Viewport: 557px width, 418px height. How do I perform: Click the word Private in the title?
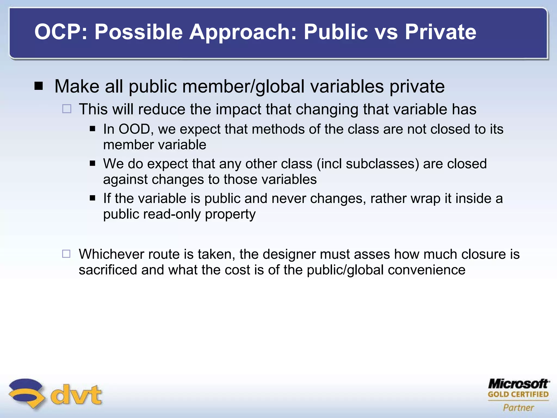click(x=441, y=32)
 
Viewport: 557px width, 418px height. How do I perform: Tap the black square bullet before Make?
click(x=39, y=86)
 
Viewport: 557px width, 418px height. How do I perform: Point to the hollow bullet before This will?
click(x=67, y=109)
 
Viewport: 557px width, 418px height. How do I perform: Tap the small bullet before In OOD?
click(x=92, y=129)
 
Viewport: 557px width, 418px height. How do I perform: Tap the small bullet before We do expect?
click(x=92, y=164)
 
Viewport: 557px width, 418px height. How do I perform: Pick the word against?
click(x=125, y=180)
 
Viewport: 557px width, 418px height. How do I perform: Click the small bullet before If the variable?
click(x=92, y=198)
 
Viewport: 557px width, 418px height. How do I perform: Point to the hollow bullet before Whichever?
click(x=66, y=254)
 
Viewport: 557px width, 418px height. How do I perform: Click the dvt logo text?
click(x=76, y=395)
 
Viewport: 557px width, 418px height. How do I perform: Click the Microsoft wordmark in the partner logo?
click(x=518, y=384)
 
